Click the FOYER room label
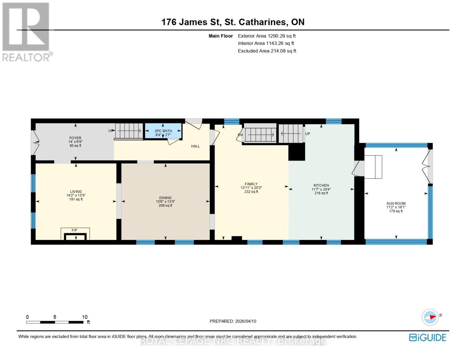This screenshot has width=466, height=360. point(75,138)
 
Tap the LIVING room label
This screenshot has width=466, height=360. point(76,192)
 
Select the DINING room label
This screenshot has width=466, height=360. point(165,198)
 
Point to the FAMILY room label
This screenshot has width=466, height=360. point(251,184)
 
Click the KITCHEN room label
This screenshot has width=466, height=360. point(321,185)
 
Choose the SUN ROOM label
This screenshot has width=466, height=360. point(396,203)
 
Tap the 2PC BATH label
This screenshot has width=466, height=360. point(163,131)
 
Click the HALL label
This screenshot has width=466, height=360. point(195,146)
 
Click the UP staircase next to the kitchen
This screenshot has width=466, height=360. point(291,134)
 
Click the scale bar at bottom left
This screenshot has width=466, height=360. point(55,322)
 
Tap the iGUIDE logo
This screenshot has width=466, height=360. point(428,337)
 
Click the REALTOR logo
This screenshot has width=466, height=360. point(26,31)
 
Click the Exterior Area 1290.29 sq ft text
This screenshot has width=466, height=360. point(267,36)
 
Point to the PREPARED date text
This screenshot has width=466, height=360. point(233,321)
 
